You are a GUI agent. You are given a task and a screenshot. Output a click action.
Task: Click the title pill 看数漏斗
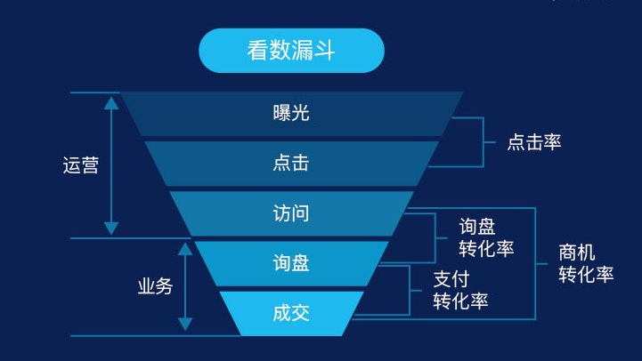pos(291,51)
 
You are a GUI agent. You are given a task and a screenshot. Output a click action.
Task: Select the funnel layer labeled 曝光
pos(291,114)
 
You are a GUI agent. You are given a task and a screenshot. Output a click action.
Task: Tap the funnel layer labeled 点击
pos(291,164)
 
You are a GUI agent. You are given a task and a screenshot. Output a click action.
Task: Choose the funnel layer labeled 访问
pos(291,213)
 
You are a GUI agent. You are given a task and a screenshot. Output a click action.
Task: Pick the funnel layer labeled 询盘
pos(291,263)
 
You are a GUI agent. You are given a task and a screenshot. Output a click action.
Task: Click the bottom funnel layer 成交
pos(291,314)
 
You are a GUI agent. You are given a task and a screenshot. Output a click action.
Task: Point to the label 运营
pos(81,165)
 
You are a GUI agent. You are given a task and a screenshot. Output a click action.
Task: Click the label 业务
pos(155,286)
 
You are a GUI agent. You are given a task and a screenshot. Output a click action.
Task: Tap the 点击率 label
pos(534,142)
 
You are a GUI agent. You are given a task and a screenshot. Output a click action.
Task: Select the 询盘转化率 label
pos(486,237)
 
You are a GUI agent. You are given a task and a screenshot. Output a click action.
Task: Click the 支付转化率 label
pos(460,290)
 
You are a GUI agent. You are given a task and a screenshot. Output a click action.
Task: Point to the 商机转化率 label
pos(586,263)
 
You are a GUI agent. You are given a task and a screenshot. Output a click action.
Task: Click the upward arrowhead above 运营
pos(111,103)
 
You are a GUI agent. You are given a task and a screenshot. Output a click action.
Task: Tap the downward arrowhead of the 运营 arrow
pos(111,229)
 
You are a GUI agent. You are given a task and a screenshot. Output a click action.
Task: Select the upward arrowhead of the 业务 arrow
pos(185,249)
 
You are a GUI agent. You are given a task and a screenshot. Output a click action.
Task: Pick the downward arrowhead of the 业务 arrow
pos(185,324)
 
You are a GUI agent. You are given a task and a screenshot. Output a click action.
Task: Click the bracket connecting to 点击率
pos(484,142)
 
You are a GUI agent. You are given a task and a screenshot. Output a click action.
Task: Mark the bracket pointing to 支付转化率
pos(410,291)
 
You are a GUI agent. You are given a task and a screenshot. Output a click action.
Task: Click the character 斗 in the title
pos(325,51)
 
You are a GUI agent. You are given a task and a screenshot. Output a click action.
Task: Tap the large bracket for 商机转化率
pos(535,264)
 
